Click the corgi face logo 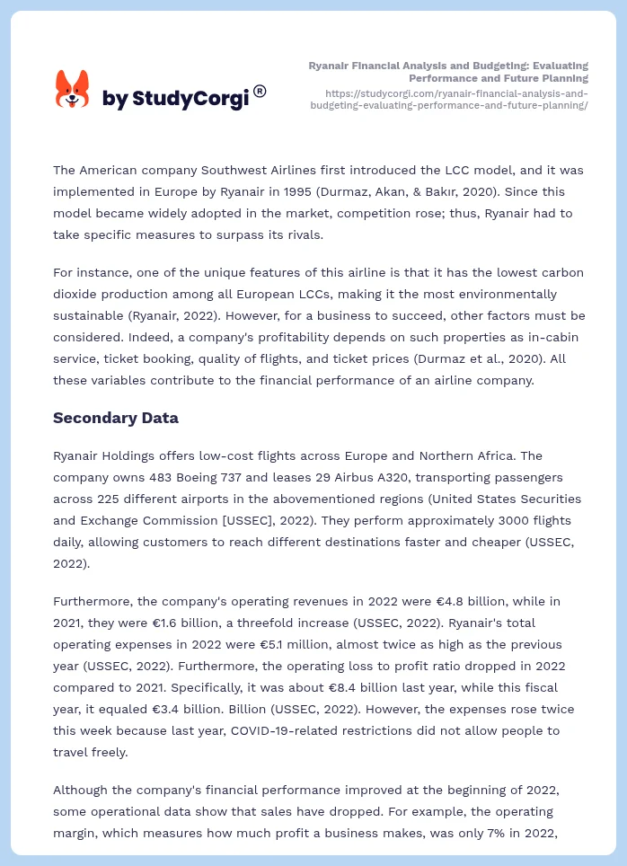[x=73, y=90]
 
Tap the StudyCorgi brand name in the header [x=175, y=99]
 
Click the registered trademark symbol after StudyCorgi [x=260, y=91]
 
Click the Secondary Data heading [x=115, y=418]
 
